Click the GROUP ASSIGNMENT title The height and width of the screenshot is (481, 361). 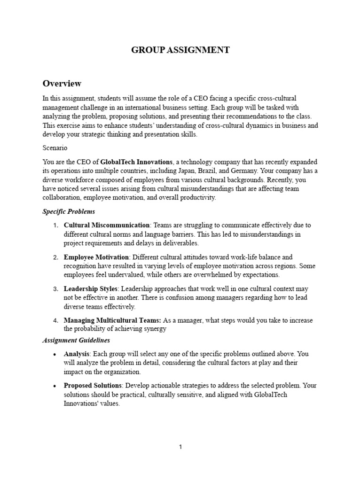pyautogui.click(x=180, y=50)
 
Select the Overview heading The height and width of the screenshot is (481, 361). pyautogui.click(x=62, y=84)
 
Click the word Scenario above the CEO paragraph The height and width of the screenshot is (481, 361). pyautogui.click(x=55, y=147)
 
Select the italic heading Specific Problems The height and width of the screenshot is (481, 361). pyautogui.click(x=69, y=212)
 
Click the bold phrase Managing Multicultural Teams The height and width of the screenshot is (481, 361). pyautogui.click(x=112, y=320)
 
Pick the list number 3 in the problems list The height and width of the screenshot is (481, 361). pyautogui.click(x=55, y=289)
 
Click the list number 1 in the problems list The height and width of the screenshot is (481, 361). pyautogui.click(x=55, y=225)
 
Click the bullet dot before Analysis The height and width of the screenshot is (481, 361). pyautogui.click(x=55, y=354)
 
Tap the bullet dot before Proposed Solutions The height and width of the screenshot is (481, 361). pyautogui.click(x=55, y=386)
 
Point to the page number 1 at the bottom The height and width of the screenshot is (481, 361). pyautogui.click(x=180, y=447)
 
